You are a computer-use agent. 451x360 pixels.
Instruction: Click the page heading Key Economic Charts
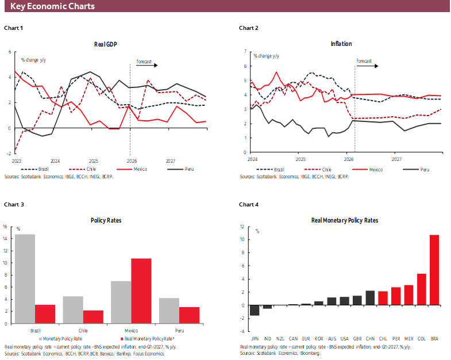coord(52,6)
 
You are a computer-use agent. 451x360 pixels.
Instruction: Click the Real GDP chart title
coord(105,44)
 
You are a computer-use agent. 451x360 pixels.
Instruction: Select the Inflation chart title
coord(341,44)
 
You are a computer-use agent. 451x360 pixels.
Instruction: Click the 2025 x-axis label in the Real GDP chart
coord(94,161)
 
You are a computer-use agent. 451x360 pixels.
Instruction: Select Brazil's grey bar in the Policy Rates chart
coord(25,278)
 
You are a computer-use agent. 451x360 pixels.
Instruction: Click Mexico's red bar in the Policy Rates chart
coord(141,290)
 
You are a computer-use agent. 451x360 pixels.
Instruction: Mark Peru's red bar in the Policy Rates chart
coord(190,315)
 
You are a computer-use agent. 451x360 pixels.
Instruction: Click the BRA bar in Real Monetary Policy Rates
coord(434,270)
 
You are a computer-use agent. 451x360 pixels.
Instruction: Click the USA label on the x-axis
coord(344,339)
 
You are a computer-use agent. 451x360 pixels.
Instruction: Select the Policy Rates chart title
coord(106,220)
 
